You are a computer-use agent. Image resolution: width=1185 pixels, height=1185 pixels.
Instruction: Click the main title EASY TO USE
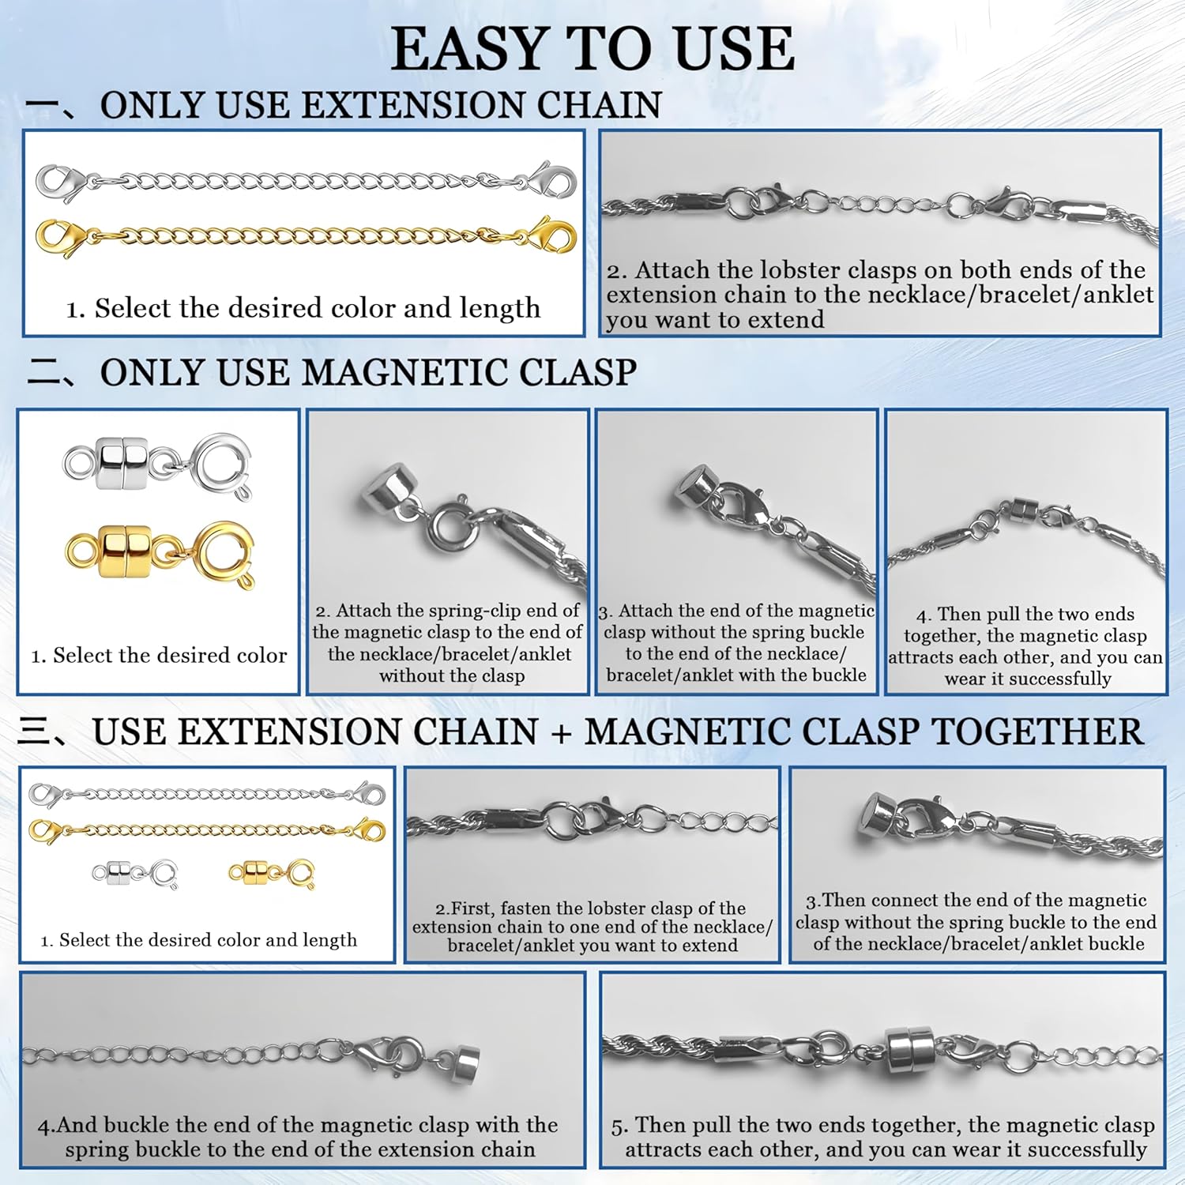pyautogui.click(x=592, y=49)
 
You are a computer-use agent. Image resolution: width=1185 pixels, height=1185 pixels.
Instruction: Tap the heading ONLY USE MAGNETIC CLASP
pyautogui.click(x=368, y=372)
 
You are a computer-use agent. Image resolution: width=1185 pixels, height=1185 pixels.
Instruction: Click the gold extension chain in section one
pyautogui.click(x=308, y=235)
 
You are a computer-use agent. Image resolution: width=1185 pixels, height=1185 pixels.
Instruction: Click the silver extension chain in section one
pyautogui.click(x=308, y=182)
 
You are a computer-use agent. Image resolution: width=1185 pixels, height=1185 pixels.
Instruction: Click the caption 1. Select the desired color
pyautogui.click(x=159, y=655)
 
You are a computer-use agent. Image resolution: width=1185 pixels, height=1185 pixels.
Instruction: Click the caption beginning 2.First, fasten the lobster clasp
pyautogui.click(x=592, y=926)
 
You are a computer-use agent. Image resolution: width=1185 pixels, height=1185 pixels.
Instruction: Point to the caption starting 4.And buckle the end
pyautogui.click(x=299, y=1136)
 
